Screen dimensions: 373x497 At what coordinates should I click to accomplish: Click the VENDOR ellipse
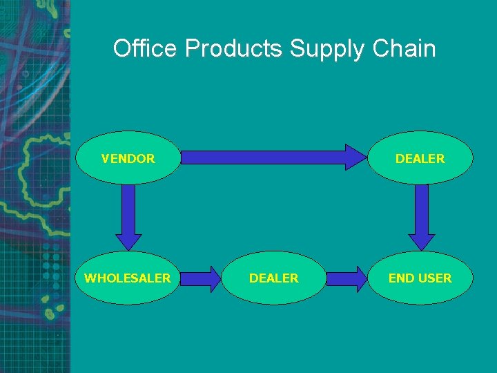pos(128,158)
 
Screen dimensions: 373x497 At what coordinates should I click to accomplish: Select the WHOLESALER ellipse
pos(128,278)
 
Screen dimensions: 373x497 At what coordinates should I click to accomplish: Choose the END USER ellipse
pos(420,278)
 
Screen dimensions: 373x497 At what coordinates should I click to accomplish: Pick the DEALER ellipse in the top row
pos(420,158)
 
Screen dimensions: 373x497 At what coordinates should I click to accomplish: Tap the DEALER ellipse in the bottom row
pos(273,278)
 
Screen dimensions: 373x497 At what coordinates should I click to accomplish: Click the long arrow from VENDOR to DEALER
pos(269,157)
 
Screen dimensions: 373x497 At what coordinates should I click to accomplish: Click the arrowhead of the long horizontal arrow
pos(356,157)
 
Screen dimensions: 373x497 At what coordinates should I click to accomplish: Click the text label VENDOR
pos(128,158)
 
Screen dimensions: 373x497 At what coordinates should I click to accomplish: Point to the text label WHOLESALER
pos(128,278)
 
